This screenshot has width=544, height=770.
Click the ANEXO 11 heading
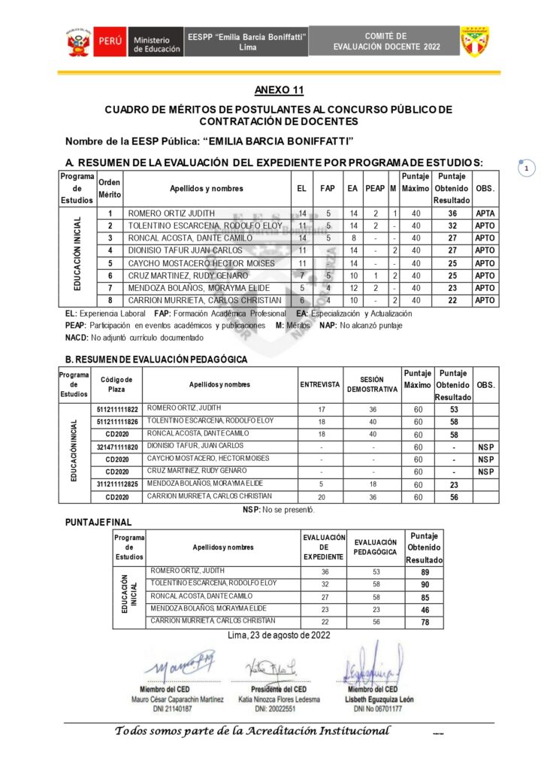tap(279, 90)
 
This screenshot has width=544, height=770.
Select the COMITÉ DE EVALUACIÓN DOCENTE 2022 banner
tap(386, 41)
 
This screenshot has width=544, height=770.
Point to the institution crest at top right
tap(475, 41)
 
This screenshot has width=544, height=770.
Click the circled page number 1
tap(526, 168)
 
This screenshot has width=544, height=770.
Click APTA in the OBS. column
tap(485, 214)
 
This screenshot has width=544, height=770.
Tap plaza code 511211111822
tap(117, 409)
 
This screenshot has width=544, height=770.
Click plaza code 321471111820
tap(117, 447)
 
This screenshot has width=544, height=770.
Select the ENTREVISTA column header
tap(320, 384)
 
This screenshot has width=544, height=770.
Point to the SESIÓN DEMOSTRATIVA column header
tap(372, 384)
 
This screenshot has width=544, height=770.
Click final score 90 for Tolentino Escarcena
tap(425, 584)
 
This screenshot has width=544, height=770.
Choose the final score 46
tap(425, 609)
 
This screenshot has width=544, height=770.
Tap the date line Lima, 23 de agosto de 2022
tap(279, 635)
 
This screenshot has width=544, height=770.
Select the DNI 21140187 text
tap(177, 708)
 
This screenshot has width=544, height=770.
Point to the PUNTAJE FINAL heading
tap(98, 522)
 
